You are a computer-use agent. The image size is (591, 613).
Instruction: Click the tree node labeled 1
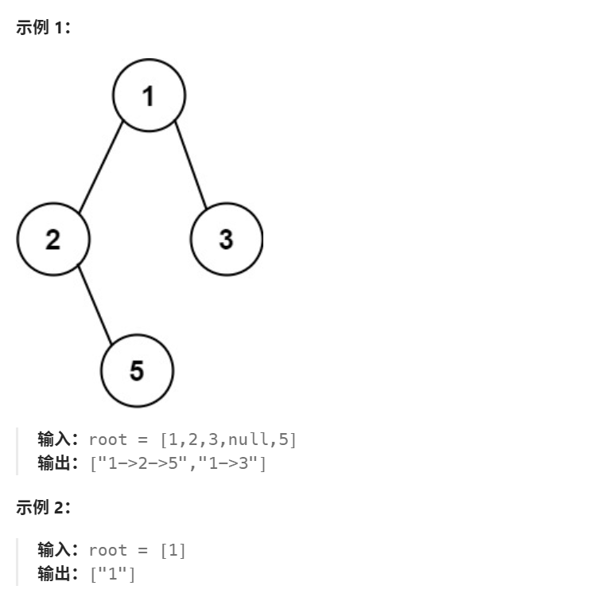[x=149, y=96]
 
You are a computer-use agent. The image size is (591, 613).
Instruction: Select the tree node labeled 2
[x=53, y=239]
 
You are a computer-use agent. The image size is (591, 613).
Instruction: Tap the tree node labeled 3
[x=226, y=239]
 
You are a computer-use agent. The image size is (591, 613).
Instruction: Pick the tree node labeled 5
[x=137, y=370]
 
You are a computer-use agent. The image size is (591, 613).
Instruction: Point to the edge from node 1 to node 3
[x=191, y=166]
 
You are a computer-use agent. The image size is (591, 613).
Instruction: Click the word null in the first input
[x=249, y=439]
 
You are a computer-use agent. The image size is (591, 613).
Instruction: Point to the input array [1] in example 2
[x=173, y=550]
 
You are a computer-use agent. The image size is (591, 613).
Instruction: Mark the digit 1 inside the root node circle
[x=149, y=96]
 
